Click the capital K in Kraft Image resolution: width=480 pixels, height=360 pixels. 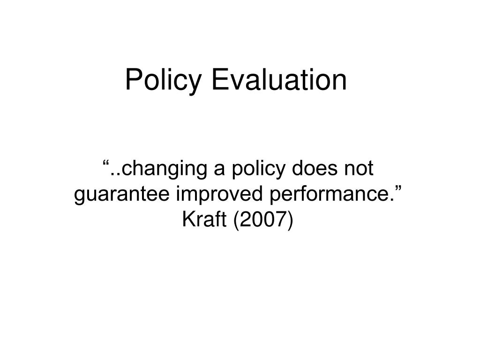(188, 219)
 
